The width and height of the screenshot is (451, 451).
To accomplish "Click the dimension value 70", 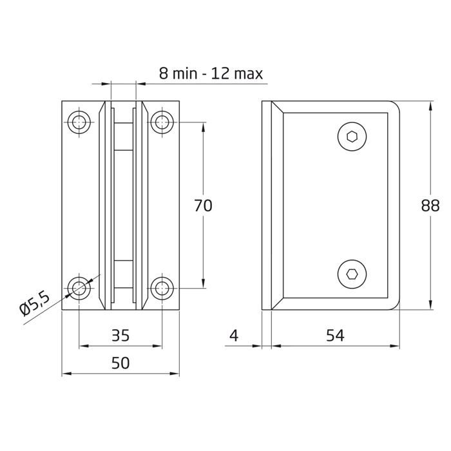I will [x=203, y=206].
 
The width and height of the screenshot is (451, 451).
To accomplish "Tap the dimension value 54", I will [x=334, y=335].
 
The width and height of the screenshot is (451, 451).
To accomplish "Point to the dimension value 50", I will [x=120, y=363].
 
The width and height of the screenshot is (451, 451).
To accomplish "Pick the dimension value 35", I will [x=120, y=335].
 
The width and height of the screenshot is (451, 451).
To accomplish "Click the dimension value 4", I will [x=234, y=335].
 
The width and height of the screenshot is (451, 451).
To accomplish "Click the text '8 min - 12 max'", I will [x=211, y=73].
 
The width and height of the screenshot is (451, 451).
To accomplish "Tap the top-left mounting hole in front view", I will [x=80, y=120].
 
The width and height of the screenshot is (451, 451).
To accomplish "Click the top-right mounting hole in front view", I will [x=160, y=120].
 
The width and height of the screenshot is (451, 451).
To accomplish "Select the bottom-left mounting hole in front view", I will [x=80, y=287].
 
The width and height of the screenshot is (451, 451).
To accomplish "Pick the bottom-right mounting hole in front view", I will [x=160, y=287].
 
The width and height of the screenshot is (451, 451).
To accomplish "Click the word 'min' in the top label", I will [x=183, y=73].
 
